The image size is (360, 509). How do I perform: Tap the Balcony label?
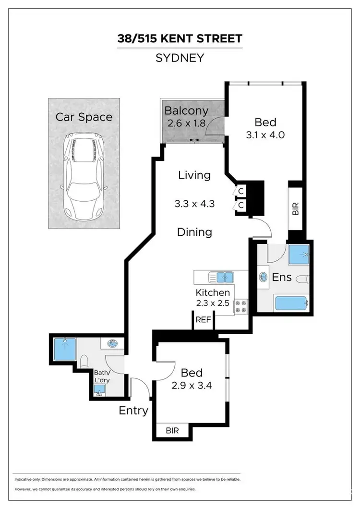(x=186, y=110)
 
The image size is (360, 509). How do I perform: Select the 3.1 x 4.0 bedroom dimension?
(x=265, y=135)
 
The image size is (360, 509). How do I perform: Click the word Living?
(x=194, y=175)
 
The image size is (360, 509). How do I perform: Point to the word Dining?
(x=194, y=232)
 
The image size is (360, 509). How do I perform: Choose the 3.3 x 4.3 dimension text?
(x=194, y=204)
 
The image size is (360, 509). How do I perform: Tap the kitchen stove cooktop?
(x=241, y=306)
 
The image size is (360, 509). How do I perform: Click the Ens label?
(x=282, y=277)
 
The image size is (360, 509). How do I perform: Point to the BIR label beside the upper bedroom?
(x=296, y=209)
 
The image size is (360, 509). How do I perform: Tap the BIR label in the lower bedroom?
(x=172, y=431)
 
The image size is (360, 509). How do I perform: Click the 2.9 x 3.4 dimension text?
(x=192, y=385)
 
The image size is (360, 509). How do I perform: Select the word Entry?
(x=133, y=411)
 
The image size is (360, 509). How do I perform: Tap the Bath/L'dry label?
(x=102, y=376)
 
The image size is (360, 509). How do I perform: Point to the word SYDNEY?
(x=180, y=58)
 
